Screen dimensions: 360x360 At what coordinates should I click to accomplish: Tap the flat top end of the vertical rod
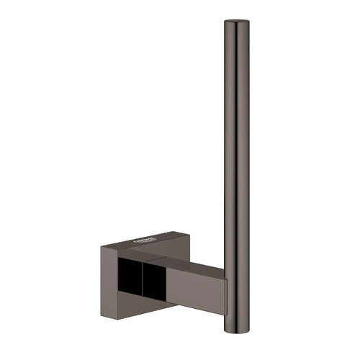tap(233, 24)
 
